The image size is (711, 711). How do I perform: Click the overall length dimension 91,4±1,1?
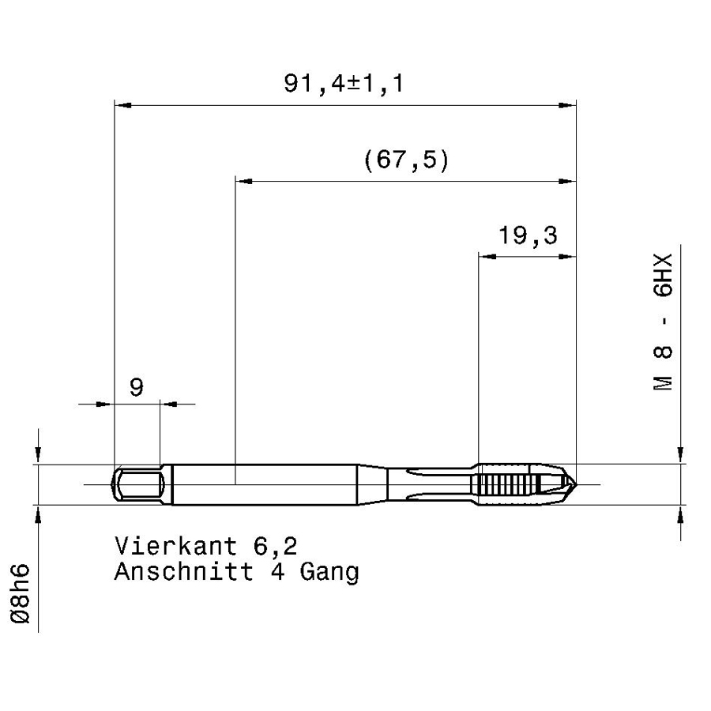tap(344, 84)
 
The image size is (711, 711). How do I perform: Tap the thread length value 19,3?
tap(528, 235)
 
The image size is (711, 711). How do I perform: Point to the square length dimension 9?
tap(137, 388)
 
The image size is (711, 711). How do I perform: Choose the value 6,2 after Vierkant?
tap(275, 547)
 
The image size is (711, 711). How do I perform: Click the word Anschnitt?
tap(183, 571)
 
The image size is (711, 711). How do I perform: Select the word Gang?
tap(329, 573)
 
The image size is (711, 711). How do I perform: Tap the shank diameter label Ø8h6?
tap(21, 593)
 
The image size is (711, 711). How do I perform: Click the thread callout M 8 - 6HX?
tap(663, 322)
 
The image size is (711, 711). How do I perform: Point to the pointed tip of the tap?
tap(576, 484)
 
